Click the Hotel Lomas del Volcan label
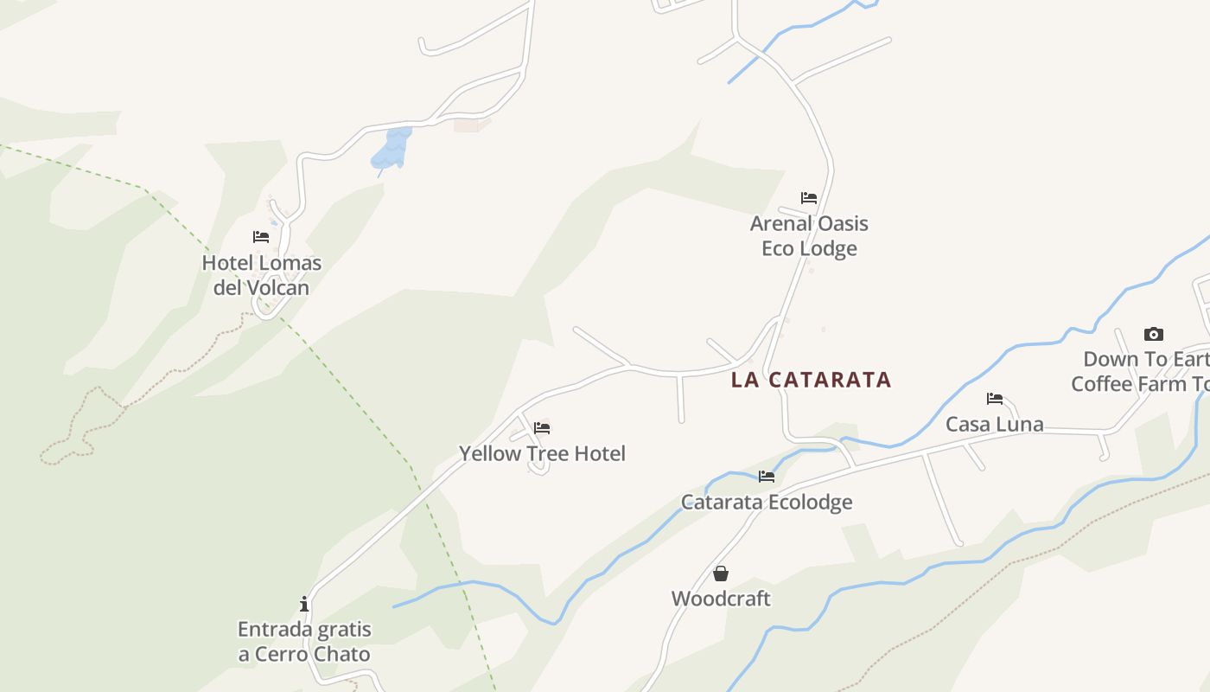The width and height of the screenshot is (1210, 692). click(x=261, y=275)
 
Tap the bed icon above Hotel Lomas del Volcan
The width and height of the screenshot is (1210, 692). click(x=261, y=237)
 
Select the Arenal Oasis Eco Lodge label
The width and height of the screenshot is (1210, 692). click(x=809, y=235)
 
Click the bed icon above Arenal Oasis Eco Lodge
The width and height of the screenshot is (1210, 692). click(x=809, y=198)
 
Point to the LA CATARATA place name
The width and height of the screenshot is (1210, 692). click(x=811, y=380)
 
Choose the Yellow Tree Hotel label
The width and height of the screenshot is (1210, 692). click(x=542, y=453)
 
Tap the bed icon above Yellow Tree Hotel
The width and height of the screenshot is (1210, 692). click(x=542, y=427)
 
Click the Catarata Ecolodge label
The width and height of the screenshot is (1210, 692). click(x=767, y=502)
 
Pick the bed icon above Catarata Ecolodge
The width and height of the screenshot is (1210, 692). click(x=767, y=477)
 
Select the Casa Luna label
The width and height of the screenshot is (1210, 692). click(x=995, y=424)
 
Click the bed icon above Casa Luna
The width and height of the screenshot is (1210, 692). click(x=995, y=399)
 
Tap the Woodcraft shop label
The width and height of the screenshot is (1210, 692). click(x=721, y=599)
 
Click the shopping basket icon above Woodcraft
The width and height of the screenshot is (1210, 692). click(x=721, y=573)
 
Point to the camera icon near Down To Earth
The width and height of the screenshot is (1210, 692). click(x=1154, y=335)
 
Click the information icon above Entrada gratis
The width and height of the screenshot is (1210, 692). click(x=304, y=604)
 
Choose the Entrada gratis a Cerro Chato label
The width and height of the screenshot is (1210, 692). click(x=304, y=642)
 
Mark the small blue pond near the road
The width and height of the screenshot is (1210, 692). click(x=392, y=149)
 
